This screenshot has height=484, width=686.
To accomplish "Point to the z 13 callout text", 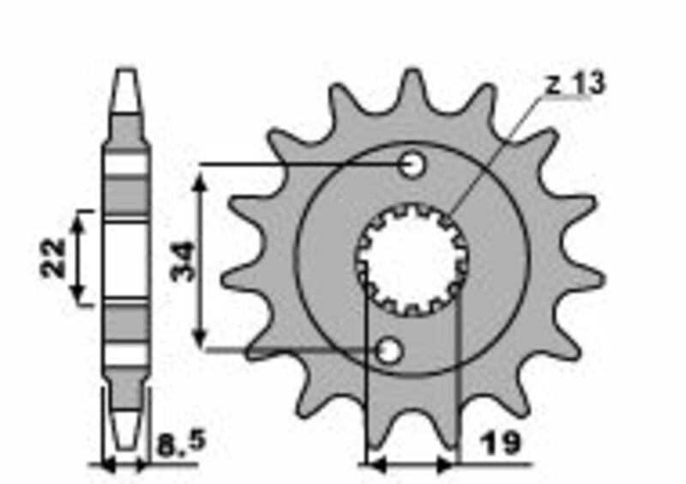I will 575,84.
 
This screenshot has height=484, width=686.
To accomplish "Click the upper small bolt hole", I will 413,164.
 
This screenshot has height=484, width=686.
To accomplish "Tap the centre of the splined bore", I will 412,259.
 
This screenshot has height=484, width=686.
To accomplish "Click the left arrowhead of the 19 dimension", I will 373,465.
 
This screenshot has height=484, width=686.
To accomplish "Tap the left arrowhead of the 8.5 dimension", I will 107,465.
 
